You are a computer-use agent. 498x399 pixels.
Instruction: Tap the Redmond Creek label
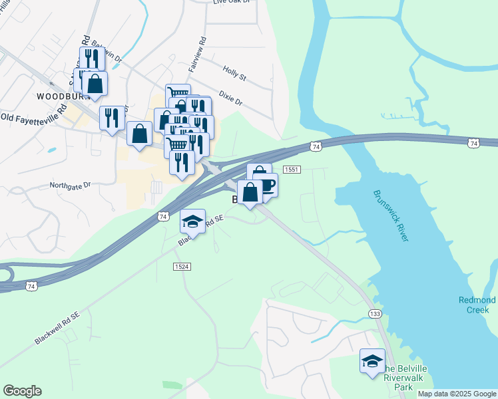coord(477,305)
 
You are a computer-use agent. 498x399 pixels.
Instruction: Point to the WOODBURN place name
coord(62,96)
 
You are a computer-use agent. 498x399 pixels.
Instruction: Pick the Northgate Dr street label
coord(74,186)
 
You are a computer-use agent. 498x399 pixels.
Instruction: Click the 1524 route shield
coord(182,266)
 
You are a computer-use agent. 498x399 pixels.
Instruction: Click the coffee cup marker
coord(265,184)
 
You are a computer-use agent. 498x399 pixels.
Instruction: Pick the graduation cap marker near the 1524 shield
coord(192,221)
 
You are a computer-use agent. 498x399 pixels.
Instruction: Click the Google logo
coord(22,391)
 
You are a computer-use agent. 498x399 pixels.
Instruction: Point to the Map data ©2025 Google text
coord(457,394)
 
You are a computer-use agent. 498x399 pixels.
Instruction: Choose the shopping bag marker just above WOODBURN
coord(95,84)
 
